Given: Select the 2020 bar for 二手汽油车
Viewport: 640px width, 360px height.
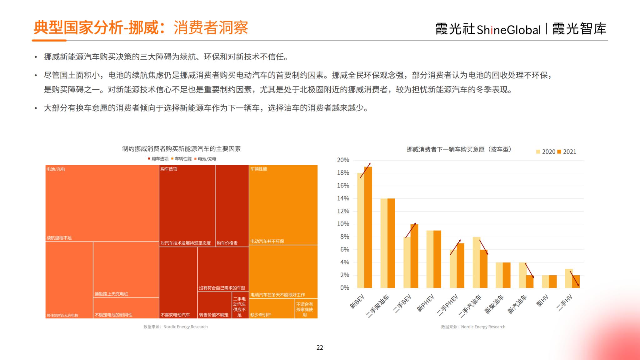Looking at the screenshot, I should (x=476, y=262).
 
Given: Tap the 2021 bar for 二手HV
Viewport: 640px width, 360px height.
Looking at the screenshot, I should (x=576, y=282).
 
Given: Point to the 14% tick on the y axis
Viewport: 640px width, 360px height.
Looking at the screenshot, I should (x=343, y=198).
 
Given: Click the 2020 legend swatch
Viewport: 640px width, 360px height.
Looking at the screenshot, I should (x=538, y=152).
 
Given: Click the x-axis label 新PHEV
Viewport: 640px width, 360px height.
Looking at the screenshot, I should (x=426, y=303).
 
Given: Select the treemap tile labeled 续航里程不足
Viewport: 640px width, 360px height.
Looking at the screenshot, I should (x=102, y=203).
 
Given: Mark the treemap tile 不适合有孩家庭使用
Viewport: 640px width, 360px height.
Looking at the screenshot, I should (x=306, y=309).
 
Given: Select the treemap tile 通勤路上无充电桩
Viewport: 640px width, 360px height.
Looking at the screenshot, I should (x=126, y=269).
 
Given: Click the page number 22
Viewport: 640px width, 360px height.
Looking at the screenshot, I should (x=320, y=347).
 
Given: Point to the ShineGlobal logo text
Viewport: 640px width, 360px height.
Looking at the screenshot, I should (x=508, y=30).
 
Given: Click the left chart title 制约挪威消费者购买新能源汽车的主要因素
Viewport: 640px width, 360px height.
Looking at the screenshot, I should (x=181, y=149).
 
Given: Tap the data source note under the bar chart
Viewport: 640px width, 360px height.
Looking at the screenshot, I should (x=473, y=327).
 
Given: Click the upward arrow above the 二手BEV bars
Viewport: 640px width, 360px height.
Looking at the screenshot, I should (x=411, y=230).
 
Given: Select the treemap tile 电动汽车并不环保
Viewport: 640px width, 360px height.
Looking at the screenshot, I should (x=283, y=205).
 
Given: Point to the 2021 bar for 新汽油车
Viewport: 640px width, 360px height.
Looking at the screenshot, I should (x=530, y=282).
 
